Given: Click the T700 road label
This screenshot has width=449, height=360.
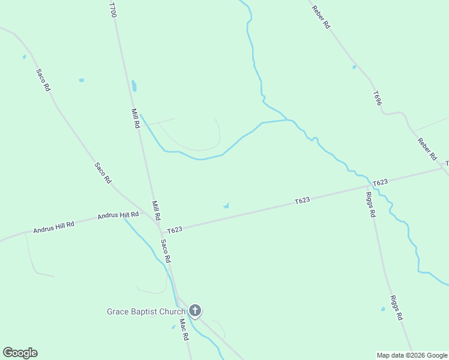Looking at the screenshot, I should tap(112, 9).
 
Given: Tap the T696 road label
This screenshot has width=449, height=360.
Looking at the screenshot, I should tap(377, 99).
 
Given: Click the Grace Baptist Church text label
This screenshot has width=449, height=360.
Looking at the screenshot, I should tap(146, 311).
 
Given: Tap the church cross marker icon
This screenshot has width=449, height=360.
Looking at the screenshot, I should tap(194, 310).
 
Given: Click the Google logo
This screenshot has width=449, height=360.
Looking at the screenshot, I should tap(20, 353).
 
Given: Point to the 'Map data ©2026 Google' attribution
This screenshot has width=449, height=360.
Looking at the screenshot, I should tap(412, 355).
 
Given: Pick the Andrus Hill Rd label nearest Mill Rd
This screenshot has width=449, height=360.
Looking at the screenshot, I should tap(113, 215).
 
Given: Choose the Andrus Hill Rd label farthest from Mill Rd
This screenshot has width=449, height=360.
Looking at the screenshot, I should tap(53, 227).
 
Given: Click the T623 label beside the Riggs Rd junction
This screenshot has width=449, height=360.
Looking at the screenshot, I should tap(381, 182).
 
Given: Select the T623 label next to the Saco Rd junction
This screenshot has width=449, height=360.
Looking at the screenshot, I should tap(175, 230).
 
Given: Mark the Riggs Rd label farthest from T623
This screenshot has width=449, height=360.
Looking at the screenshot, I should tap(395, 308).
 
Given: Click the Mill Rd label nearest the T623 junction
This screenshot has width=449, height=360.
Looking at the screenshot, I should tap(156, 209).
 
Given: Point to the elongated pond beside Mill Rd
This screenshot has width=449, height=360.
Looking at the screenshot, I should tap(134, 86).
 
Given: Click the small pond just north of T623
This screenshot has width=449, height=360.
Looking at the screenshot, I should tap(226, 206).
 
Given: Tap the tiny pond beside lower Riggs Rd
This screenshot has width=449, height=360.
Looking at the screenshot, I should tap(383, 310).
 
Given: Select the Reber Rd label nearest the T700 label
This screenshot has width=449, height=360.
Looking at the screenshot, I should tap(321, 17).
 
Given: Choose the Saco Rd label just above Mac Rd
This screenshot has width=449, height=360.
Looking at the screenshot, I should tap(166, 251).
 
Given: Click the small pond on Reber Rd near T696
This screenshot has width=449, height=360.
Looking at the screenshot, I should tap(354, 67).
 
